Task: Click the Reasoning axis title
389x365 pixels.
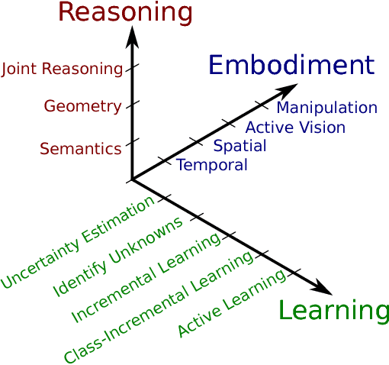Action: (x=125, y=12)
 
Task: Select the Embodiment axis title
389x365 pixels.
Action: (x=291, y=66)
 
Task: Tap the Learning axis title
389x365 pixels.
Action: (x=333, y=311)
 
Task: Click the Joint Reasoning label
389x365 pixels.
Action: (x=62, y=69)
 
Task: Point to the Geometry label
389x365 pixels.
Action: (x=82, y=106)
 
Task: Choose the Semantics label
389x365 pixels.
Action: (x=80, y=149)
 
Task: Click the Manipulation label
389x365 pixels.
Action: (x=326, y=108)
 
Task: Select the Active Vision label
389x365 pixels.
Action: (x=295, y=128)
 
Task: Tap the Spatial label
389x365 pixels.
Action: (x=240, y=146)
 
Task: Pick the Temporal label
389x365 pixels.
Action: (x=212, y=165)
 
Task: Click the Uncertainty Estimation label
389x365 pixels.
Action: (x=78, y=246)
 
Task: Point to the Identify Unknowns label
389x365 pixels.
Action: (x=118, y=257)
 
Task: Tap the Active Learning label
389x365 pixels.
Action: (x=233, y=303)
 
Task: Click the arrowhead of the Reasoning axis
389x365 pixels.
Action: (x=133, y=34)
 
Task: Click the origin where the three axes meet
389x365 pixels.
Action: (x=133, y=179)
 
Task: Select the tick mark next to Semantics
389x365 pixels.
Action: (x=133, y=143)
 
